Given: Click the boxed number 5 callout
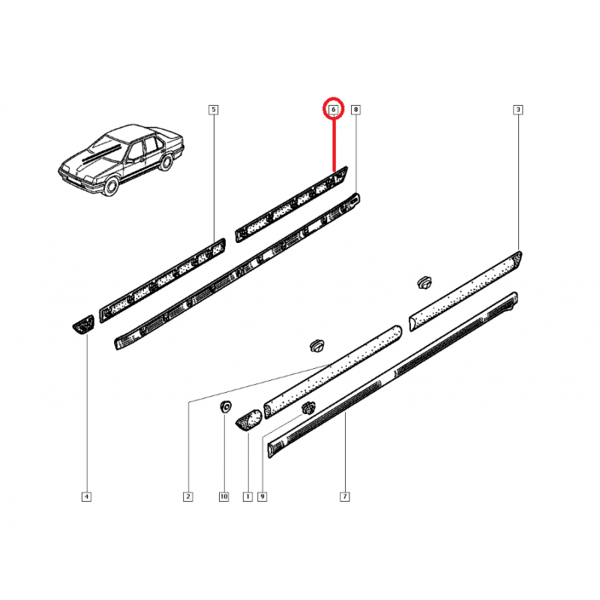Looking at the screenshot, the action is pos(214,109).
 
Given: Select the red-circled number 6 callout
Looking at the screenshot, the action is pos(334,109).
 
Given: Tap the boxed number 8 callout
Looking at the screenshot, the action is pos(355,109).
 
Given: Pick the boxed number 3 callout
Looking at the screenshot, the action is pos(518,109).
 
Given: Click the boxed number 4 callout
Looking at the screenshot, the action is pos(86,496).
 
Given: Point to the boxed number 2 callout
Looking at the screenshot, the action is pos(188,496).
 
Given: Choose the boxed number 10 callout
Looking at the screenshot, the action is pos(223,496).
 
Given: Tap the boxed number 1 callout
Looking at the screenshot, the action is pos(247,496).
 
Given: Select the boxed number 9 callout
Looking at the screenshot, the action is pos(262,496).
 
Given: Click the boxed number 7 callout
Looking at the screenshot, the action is pos(345,496).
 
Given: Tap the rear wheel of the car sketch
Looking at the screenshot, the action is pos(166,162).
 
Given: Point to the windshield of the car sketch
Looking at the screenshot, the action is pos(104,145).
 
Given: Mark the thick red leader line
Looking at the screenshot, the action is pos(334,145).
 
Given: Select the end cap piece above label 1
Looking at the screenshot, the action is pos(249,420).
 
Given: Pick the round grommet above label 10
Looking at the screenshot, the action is pos(226,406).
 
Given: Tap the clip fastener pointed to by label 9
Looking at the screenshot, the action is pos(307,408).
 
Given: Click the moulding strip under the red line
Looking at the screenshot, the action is pos(292,204).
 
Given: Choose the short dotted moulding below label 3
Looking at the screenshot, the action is pos(465,291).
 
